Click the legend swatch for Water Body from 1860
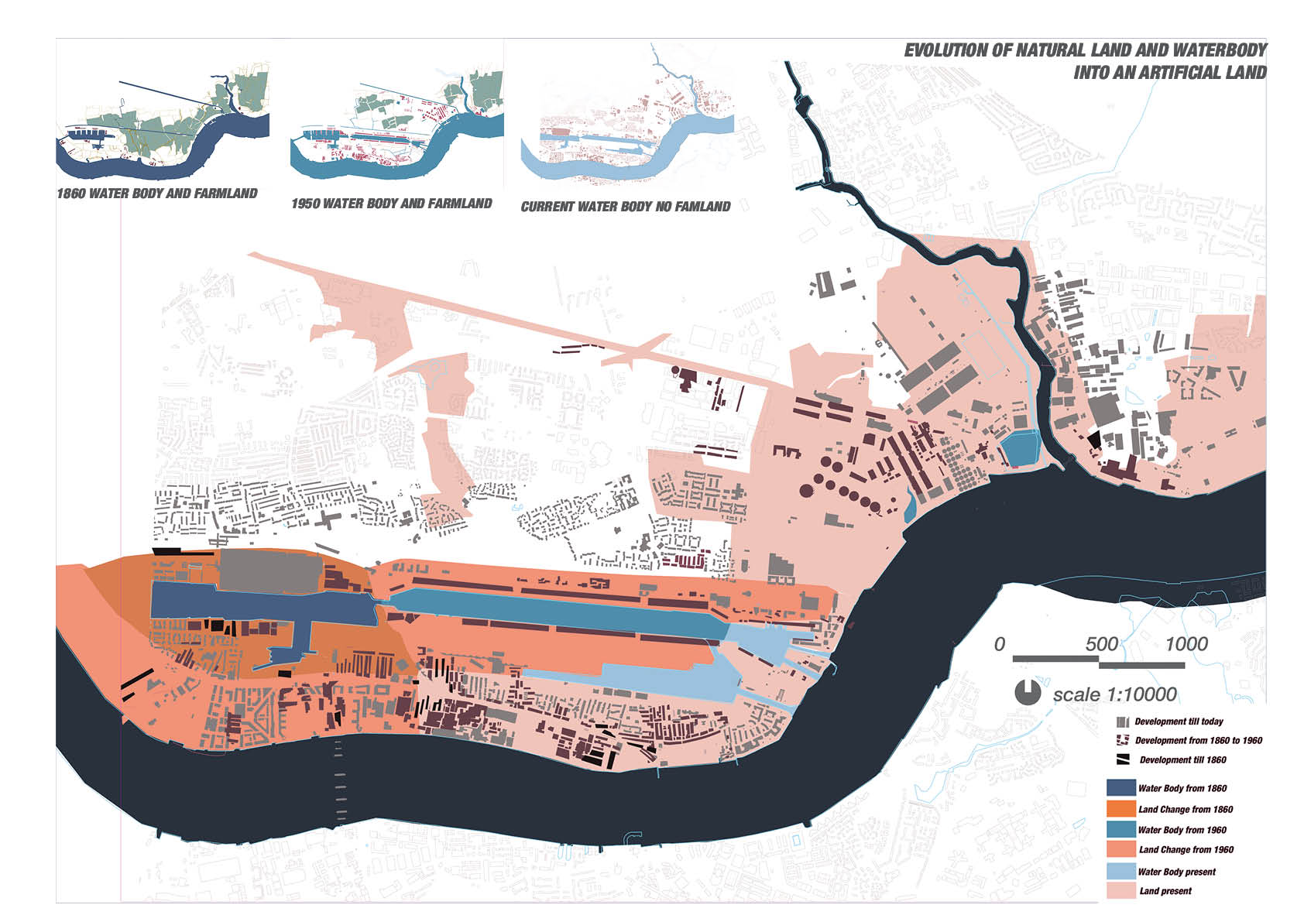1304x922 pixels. coord(1120,788)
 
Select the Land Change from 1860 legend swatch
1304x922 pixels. coord(1120,809)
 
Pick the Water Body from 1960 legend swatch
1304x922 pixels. coord(1120,829)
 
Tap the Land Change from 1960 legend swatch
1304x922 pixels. coord(1120,849)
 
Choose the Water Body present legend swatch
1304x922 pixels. coord(1120,871)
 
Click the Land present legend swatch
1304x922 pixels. coord(1120,891)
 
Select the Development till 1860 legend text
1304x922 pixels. coord(1182,760)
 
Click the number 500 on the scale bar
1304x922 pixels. coord(1101,644)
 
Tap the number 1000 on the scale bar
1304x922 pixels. coord(1186,644)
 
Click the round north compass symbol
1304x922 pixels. coord(1028,693)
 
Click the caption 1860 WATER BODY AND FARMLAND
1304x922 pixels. coord(157,194)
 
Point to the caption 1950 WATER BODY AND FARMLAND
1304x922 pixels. coord(392,204)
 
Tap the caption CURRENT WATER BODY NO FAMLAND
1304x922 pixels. coord(626,207)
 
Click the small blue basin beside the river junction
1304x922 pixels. coord(1021,449)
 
